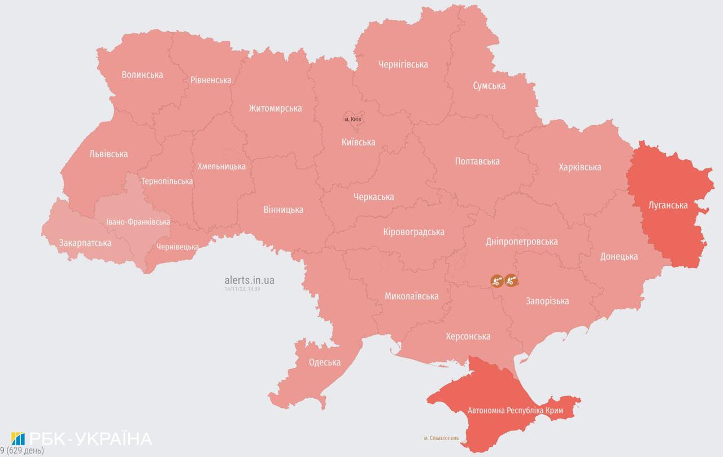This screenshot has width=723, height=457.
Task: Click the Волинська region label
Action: [x=142, y=75]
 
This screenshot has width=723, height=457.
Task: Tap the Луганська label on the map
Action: [x=668, y=205]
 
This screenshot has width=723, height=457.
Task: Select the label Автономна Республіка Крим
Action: [x=513, y=410]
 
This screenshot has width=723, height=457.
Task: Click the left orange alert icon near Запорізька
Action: [x=496, y=280]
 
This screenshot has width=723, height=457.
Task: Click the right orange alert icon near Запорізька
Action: [x=511, y=280]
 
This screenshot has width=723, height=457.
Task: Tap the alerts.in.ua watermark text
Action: [x=249, y=280]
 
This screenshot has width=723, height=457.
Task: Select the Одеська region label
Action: [x=325, y=363]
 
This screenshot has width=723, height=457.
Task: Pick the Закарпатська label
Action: [x=85, y=243]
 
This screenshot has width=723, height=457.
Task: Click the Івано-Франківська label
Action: [x=138, y=222]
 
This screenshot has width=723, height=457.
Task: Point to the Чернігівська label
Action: [x=403, y=64]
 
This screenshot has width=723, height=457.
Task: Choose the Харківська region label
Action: [x=580, y=167]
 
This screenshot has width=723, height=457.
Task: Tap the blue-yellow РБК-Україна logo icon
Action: [x=18, y=439]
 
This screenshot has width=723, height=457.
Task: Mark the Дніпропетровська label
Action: [x=521, y=242]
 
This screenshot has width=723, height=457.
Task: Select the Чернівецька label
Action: [x=177, y=247]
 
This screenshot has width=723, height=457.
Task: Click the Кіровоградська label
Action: [x=413, y=232]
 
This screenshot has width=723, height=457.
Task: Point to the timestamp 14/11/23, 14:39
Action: [x=242, y=288]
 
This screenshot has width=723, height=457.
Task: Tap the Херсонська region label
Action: [x=468, y=337]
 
